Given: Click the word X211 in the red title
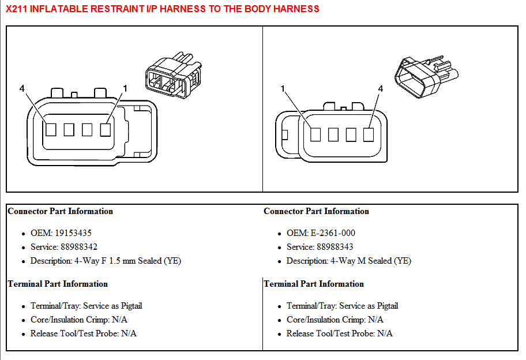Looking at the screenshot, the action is point(16,9).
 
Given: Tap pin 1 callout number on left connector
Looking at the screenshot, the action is point(125,89).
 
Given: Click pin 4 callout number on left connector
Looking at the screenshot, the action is point(22,89).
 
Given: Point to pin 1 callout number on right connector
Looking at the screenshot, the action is point(283,89).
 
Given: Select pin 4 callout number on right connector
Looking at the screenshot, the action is point(381,89).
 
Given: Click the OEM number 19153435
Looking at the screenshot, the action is point(73,233).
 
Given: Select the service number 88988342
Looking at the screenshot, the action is point(79,247).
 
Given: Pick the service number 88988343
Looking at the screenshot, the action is point(335,247).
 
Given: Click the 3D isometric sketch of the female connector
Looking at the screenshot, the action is point(173,75).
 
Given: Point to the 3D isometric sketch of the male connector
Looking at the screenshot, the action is point(426,77).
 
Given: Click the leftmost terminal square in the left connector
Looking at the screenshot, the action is point(51,129).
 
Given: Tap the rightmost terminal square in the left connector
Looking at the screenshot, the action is point(106,129).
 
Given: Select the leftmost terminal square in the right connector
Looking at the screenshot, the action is point(315,134).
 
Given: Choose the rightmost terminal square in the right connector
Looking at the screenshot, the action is point(369,134).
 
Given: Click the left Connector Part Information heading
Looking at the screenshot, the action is point(61,211).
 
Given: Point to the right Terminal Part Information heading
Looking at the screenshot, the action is point(314,284).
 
